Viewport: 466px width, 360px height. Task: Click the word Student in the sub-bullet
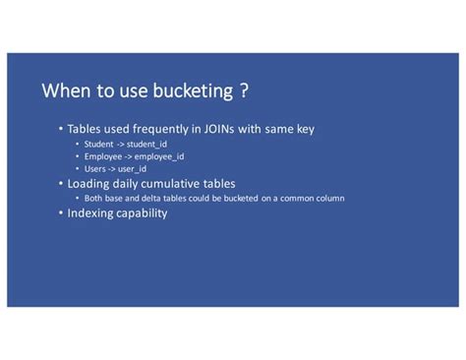point(98,145)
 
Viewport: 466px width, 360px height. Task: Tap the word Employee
point(103,156)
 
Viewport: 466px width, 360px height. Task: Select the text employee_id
point(159,156)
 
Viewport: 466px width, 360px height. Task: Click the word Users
point(95,168)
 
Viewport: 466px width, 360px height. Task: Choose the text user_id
point(132,168)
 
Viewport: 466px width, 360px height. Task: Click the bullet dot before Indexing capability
point(60,212)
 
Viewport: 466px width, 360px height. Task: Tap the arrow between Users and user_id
point(113,168)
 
